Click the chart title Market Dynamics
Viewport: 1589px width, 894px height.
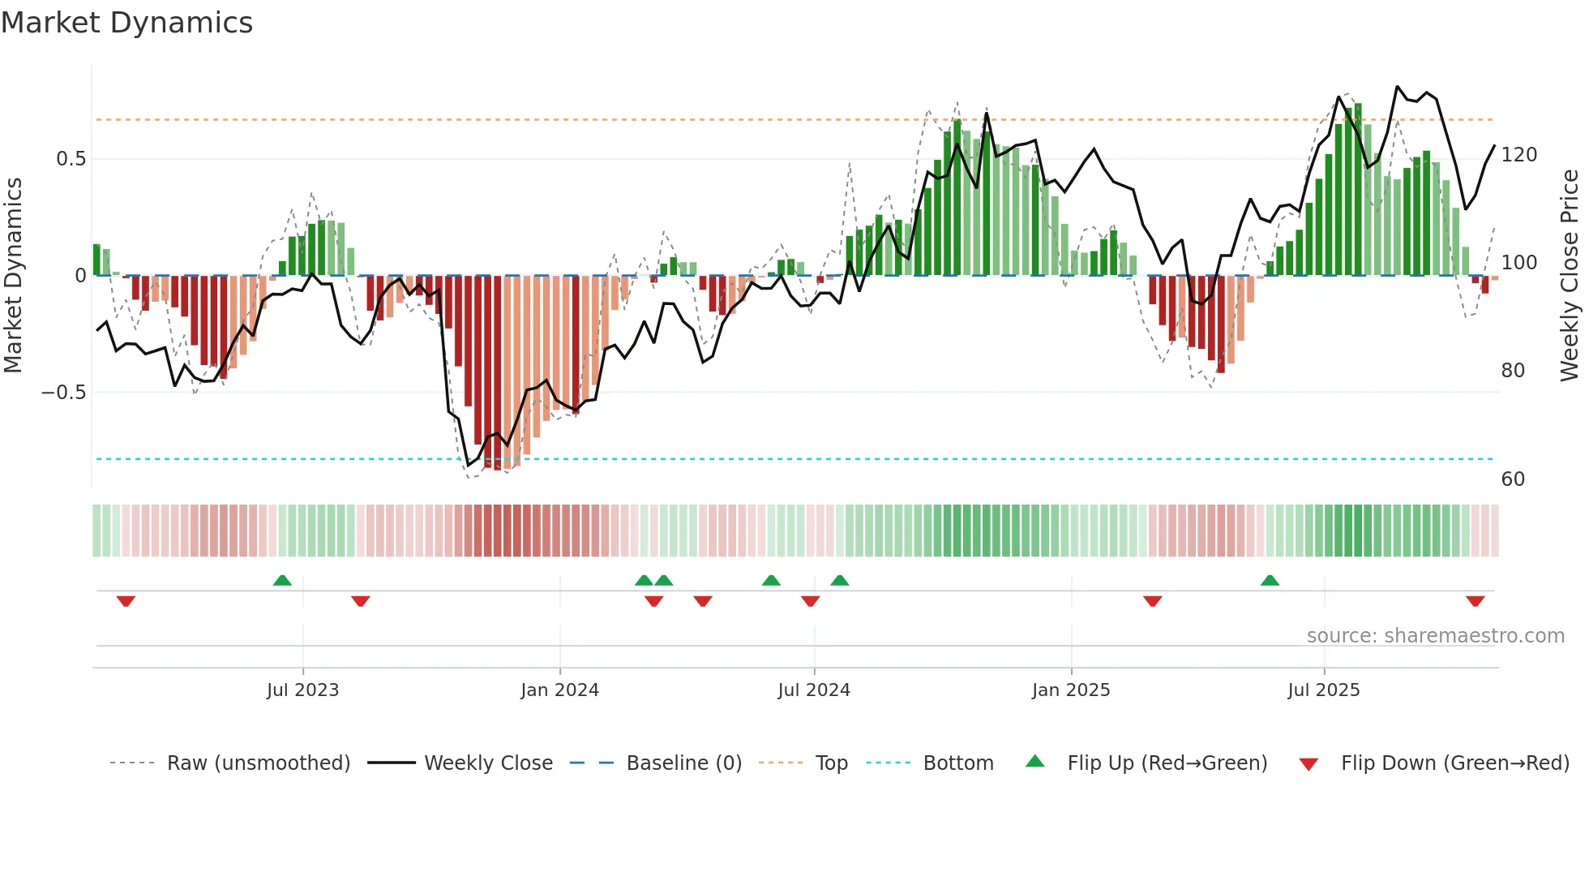(x=126, y=23)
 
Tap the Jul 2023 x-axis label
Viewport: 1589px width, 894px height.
(x=302, y=690)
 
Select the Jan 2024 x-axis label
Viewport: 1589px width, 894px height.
(x=559, y=690)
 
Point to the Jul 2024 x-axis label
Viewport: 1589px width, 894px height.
(x=814, y=690)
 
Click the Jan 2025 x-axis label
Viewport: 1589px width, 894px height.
(x=1071, y=690)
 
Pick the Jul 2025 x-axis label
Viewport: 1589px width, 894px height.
(x=1324, y=690)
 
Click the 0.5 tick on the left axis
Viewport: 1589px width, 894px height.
(x=71, y=159)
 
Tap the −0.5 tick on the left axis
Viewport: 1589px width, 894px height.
(x=64, y=393)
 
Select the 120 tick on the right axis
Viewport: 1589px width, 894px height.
(x=1518, y=155)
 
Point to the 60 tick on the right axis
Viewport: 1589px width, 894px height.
(x=1513, y=479)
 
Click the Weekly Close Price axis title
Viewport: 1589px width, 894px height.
(x=1570, y=276)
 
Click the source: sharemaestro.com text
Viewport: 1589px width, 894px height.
(x=1435, y=636)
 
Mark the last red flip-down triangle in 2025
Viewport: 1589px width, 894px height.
(x=1475, y=601)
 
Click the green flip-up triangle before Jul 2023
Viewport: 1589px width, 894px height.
(x=282, y=581)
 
